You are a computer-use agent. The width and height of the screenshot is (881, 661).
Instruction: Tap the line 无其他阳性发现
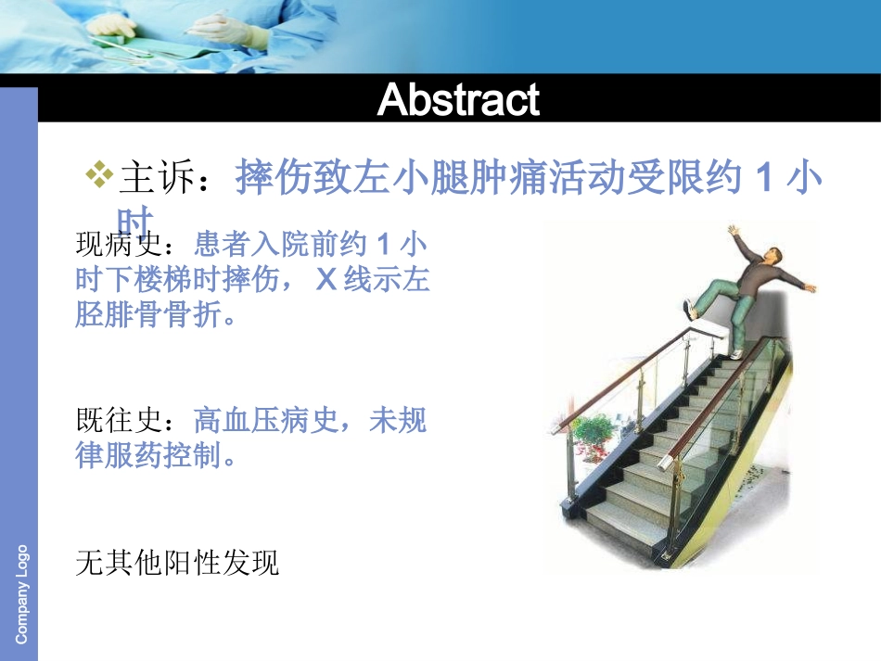177,563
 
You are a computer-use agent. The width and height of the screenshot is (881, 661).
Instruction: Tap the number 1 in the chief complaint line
763,177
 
